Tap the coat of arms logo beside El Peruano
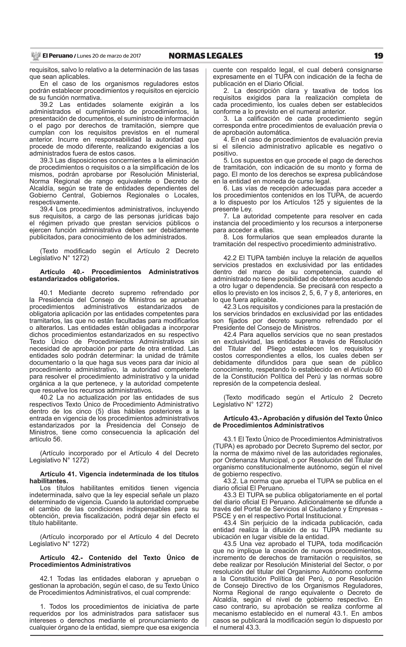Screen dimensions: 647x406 click(x=35, y=56)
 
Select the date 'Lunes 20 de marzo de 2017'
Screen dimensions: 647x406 click(x=109, y=56)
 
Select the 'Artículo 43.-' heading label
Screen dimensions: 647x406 click(x=242, y=418)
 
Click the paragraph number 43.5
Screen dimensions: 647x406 click(x=230, y=544)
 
